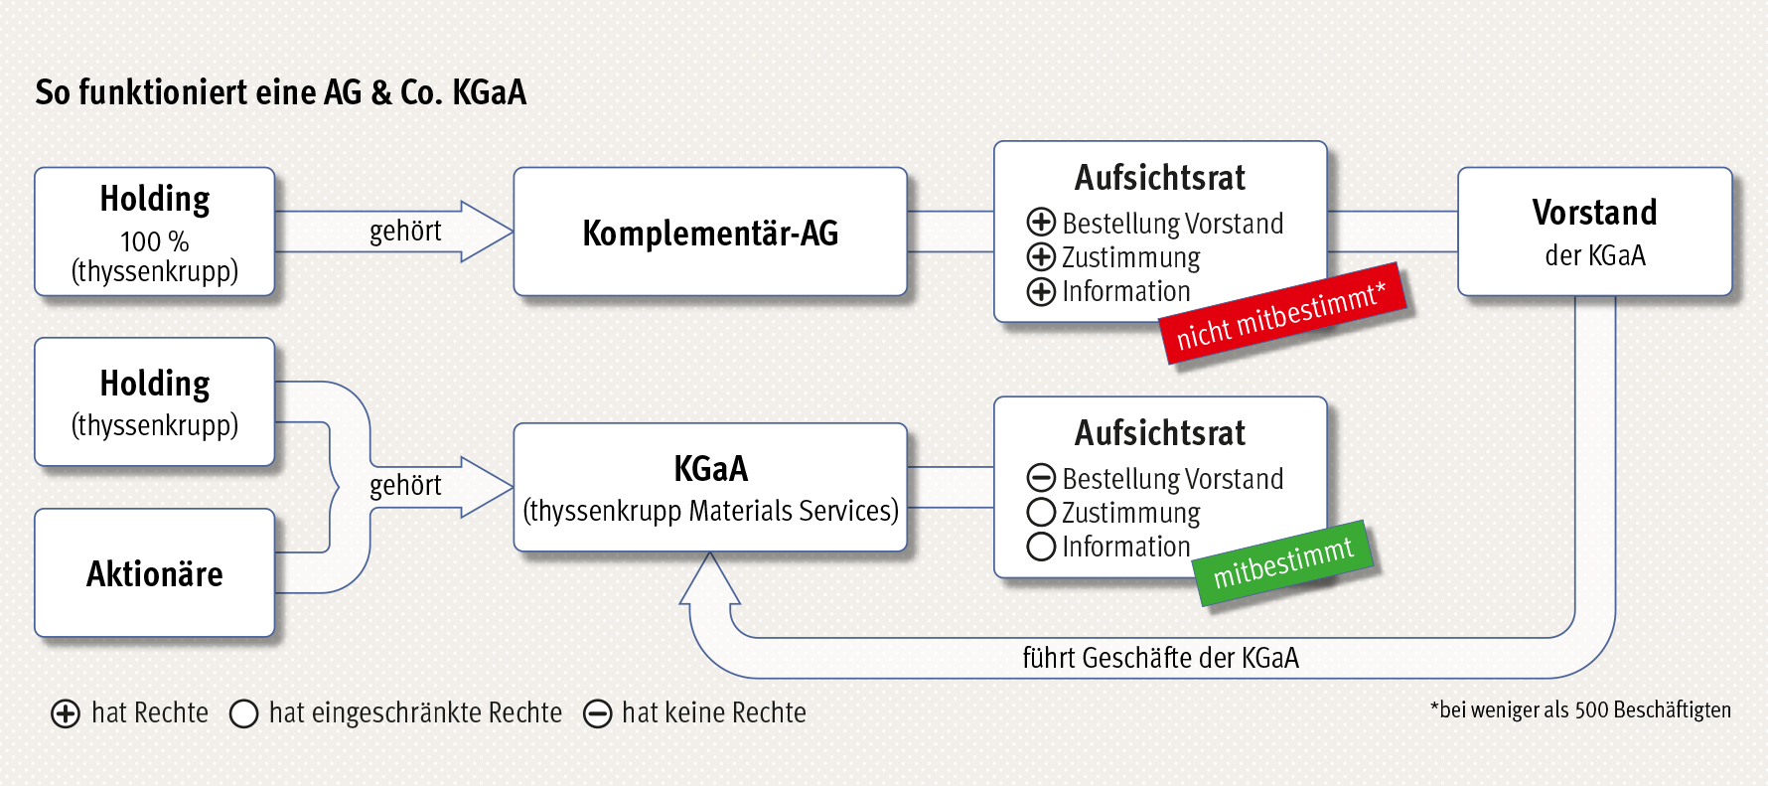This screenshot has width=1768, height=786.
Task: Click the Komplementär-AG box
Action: coord(710,232)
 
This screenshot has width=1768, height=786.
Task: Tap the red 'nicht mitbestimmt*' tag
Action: coord(1282,314)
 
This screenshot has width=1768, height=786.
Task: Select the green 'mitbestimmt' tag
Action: coord(1283,562)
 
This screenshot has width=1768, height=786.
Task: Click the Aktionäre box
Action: coord(154,573)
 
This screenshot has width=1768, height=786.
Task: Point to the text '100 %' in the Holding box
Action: coord(154,241)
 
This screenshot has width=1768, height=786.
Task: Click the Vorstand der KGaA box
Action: coord(1594,232)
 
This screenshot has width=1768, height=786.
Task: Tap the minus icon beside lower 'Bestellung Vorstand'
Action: coord(1041,478)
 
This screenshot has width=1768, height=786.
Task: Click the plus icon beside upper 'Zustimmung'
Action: coord(1041,256)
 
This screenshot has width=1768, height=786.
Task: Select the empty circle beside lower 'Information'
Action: coord(1041,547)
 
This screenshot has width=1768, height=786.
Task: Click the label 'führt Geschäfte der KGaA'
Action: coord(1160,658)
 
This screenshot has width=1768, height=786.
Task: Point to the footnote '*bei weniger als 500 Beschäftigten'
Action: coord(1580,709)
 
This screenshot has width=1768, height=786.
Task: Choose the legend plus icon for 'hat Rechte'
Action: coord(66,713)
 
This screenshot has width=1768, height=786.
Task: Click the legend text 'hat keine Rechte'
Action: coord(714,712)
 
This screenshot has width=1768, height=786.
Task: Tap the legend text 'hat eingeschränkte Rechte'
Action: coord(415,712)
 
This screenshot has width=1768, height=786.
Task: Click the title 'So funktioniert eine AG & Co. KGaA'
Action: coord(281,92)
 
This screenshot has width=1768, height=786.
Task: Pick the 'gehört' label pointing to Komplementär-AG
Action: coord(405,231)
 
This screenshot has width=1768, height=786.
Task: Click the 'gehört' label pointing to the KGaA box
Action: coord(405,485)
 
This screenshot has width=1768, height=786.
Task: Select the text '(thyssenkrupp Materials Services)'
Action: coord(710,511)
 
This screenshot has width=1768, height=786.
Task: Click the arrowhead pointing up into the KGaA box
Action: coord(709,578)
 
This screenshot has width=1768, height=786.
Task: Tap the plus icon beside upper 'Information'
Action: coord(1041,291)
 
